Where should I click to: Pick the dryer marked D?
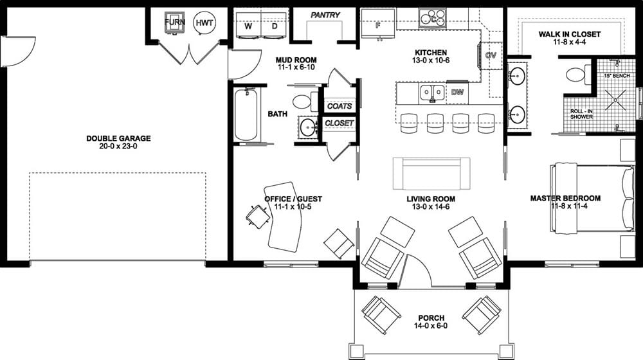click(274, 27)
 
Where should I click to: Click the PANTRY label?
click(325, 15)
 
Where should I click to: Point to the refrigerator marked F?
click(377, 25)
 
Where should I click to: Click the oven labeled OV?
click(491, 55)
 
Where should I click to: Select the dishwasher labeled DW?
click(457, 93)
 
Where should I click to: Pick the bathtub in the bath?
click(246, 114)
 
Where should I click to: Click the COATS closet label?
click(339, 106)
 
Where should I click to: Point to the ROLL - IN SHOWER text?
click(581, 114)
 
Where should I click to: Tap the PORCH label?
click(431, 318)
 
